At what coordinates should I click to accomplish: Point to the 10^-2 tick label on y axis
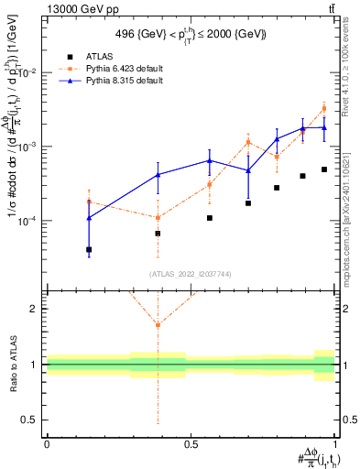27,72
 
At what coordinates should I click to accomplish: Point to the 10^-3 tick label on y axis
27,147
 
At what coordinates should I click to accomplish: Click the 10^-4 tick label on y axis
27,221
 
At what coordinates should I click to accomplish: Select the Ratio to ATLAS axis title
12,364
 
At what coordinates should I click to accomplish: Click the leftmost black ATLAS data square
89,249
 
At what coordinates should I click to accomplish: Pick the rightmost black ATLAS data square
324,169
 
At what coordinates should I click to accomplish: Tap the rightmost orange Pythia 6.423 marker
324,108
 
